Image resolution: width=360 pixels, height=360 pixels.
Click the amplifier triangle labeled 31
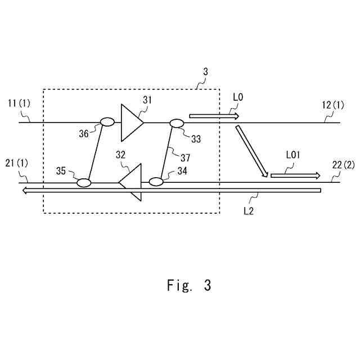(x=131, y=122)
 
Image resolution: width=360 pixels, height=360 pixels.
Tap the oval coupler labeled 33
(x=177, y=123)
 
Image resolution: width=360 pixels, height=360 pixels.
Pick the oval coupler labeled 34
(x=156, y=182)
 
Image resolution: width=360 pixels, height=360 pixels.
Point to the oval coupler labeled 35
(x=84, y=182)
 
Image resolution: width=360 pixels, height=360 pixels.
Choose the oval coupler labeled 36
(x=107, y=121)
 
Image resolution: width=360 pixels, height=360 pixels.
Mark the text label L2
(x=250, y=211)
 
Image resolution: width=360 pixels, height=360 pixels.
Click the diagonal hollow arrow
(x=251, y=151)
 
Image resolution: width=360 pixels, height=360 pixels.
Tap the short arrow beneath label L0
(x=214, y=116)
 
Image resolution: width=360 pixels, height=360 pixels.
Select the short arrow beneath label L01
(x=295, y=175)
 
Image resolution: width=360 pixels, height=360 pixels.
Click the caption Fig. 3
(x=189, y=285)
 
